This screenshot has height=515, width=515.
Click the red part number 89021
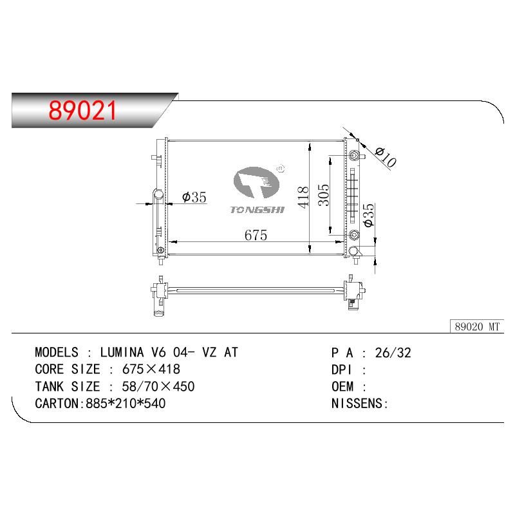(x=82, y=110)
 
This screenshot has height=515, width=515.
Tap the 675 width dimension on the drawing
(x=256, y=235)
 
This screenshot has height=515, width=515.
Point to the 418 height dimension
(x=303, y=197)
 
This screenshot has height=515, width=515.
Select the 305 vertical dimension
(x=324, y=195)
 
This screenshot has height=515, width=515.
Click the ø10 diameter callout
(x=386, y=157)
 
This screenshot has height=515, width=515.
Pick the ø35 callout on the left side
(x=194, y=198)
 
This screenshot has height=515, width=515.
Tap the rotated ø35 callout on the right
(x=368, y=215)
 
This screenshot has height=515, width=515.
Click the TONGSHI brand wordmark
(x=257, y=210)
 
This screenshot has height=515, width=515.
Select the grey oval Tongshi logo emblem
(x=256, y=183)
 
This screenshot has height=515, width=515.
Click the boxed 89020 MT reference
(x=477, y=326)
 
